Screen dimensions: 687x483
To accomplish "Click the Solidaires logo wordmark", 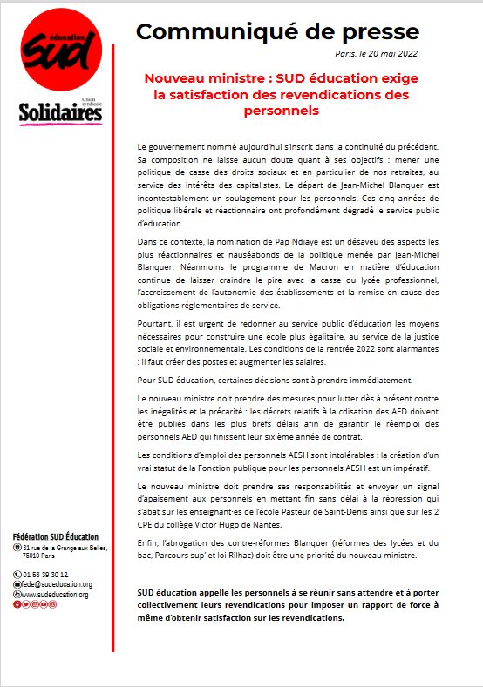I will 59,111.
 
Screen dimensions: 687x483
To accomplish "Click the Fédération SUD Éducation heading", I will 57,535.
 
